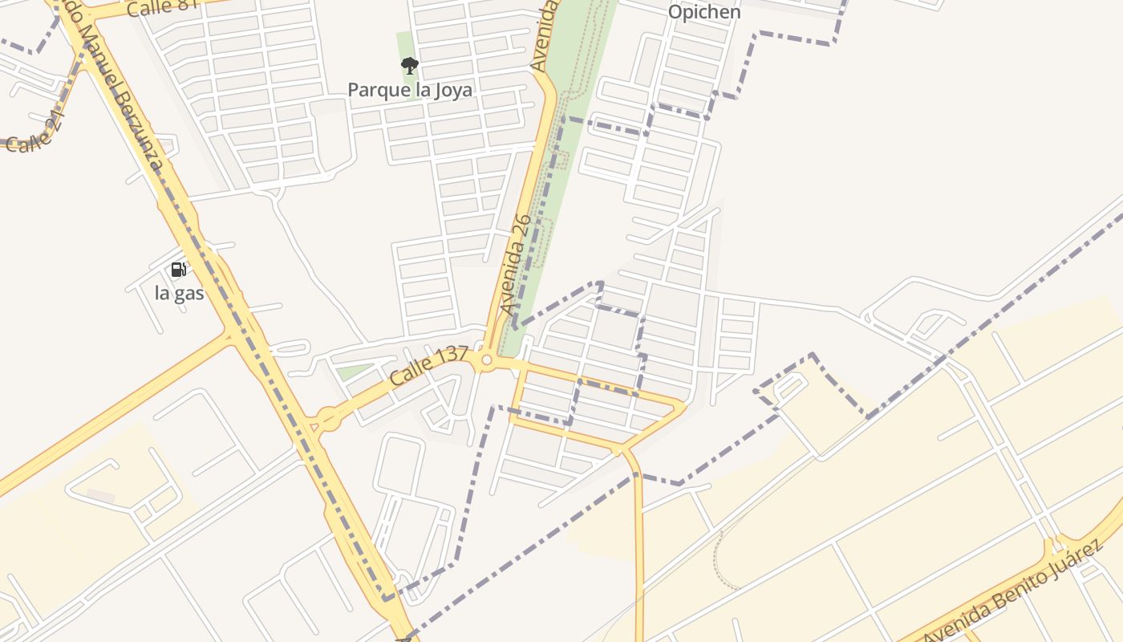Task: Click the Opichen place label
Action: click(704, 12)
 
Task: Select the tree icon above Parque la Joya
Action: click(409, 65)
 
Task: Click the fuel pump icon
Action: click(179, 269)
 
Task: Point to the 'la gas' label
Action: click(179, 293)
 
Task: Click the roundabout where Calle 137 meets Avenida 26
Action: click(486, 362)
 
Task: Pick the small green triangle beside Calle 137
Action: click(353, 372)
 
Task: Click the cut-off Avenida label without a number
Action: click(544, 36)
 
